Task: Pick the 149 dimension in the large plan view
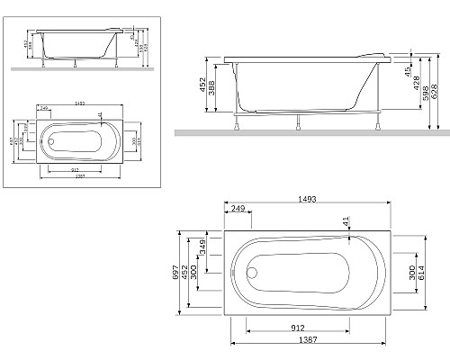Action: [203, 247]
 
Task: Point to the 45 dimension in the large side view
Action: [408, 69]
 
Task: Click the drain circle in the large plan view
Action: [253, 271]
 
